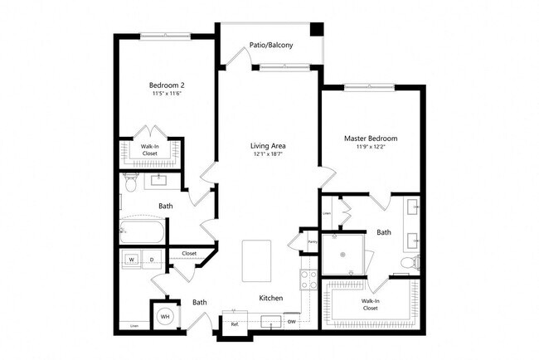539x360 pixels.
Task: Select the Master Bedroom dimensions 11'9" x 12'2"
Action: coord(370,147)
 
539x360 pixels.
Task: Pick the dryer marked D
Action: coord(152,260)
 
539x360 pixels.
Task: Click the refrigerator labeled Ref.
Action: coord(235,324)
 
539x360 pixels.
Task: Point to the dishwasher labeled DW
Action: coord(291,321)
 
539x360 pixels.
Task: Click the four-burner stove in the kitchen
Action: coord(308,280)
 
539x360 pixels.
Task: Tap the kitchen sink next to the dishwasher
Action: coord(270,322)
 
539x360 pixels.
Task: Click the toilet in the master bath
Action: coord(406,263)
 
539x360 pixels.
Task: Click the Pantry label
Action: coord(313,242)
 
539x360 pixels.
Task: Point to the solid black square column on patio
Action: coord(316,29)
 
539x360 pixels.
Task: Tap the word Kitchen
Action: coord(271,298)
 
